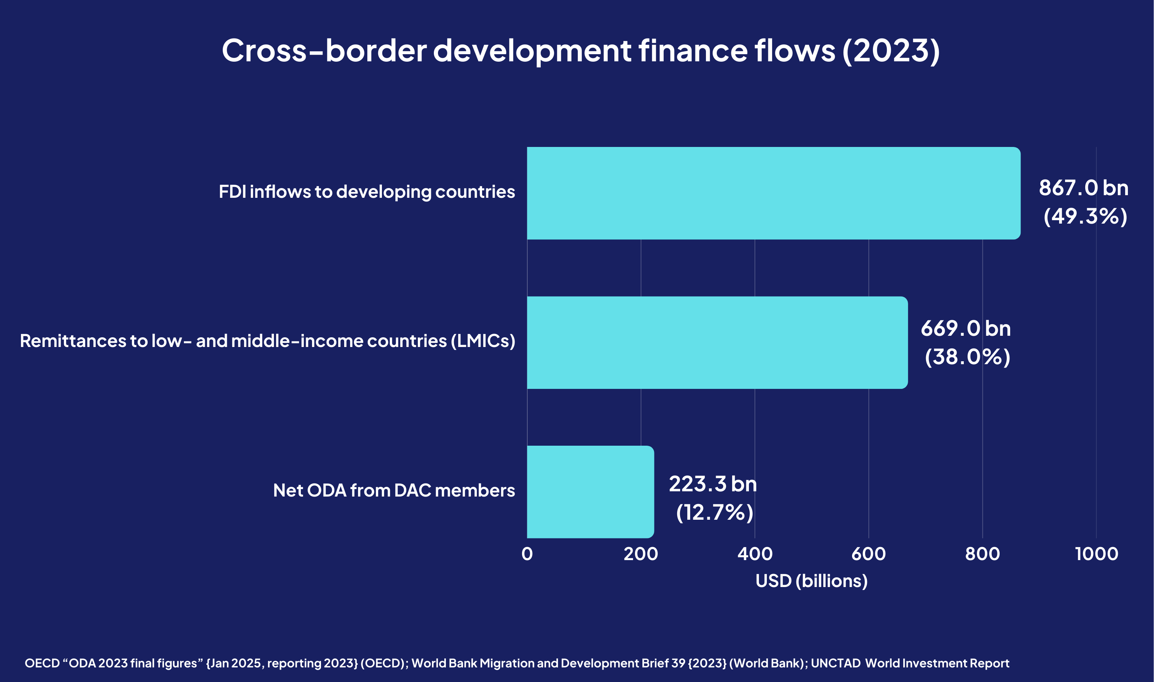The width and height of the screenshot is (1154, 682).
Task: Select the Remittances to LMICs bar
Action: click(x=717, y=342)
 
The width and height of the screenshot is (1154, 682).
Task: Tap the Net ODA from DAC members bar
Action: click(x=590, y=492)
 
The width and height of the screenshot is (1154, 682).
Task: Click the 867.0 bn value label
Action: click(x=1083, y=188)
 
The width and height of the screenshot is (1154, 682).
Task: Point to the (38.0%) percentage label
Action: click(x=967, y=357)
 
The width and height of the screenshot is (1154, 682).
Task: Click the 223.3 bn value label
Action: click(x=713, y=484)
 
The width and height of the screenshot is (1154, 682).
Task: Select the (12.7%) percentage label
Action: click(x=715, y=512)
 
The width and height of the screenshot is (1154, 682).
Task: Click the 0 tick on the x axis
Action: click(x=527, y=554)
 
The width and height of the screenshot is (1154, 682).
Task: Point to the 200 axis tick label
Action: click(x=641, y=554)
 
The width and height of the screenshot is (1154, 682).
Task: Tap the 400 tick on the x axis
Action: click(x=755, y=554)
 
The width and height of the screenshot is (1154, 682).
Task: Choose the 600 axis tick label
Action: click(x=868, y=554)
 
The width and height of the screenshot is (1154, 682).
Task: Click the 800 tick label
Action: click(x=982, y=554)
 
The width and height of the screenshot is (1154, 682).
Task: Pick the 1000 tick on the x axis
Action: click(x=1096, y=554)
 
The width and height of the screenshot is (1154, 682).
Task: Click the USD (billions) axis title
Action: click(x=811, y=581)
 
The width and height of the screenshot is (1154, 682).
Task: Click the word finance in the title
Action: click(x=693, y=50)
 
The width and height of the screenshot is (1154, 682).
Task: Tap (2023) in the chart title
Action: click(x=891, y=50)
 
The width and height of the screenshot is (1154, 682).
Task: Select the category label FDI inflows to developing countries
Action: click(x=367, y=192)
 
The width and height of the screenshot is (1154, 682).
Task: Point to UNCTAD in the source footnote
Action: click(x=835, y=663)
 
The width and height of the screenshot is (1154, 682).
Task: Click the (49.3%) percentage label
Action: click(x=1085, y=216)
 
